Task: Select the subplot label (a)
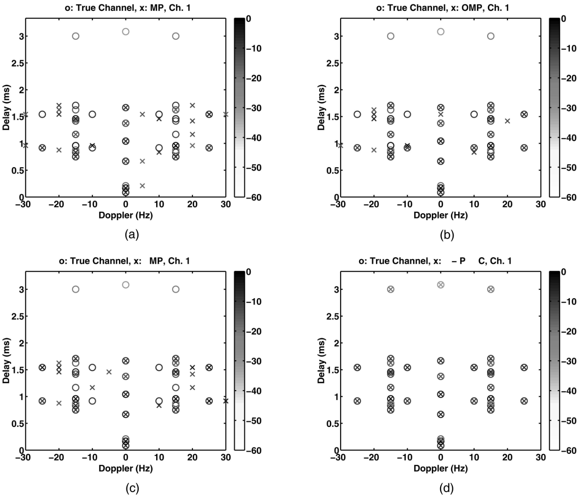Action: tap(132, 235)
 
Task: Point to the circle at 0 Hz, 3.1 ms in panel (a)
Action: tap(126, 31)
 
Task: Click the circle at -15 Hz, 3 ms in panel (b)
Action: tap(391, 36)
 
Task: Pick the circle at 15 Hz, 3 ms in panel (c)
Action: tap(176, 289)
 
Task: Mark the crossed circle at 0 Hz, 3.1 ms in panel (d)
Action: tap(441, 285)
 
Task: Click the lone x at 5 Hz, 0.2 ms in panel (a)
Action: tap(142, 186)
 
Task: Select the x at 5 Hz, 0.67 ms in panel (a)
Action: tap(142, 161)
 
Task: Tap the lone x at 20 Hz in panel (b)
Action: tap(507, 121)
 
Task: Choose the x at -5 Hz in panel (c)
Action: tap(109, 372)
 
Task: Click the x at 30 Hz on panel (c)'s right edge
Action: tap(226, 401)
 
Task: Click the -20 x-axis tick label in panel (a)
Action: tap(59, 204)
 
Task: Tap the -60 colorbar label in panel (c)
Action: tap(254, 450)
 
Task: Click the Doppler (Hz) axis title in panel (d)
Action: tap(440, 468)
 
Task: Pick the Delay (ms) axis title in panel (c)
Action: tap(7, 361)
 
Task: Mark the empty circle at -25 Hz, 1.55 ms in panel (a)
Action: tap(42, 114)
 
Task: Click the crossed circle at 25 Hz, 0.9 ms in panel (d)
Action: tap(524, 401)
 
